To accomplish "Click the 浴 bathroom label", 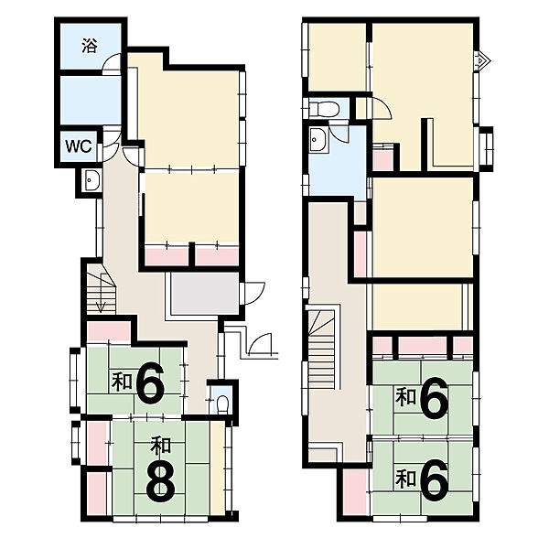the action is (90, 46).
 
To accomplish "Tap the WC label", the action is (79, 146).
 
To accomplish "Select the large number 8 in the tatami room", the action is (160, 483).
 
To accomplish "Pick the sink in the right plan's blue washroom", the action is (318, 139).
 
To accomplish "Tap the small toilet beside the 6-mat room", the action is (222, 404).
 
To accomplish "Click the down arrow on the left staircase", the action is (102, 293).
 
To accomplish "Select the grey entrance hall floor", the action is (205, 294).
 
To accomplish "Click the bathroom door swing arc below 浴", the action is (112, 63).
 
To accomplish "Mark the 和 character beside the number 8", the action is (160, 446).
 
